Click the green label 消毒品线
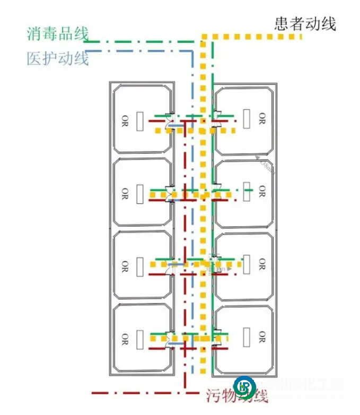[57, 34]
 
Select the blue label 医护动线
[57, 57]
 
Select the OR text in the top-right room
[261, 118]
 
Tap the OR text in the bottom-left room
[125, 338]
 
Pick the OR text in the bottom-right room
[261, 336]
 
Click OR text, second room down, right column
[261, 191]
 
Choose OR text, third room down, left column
[125, 265]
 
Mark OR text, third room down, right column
[261, 264]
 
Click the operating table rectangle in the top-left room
[139, 122]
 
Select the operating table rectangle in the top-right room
[246, 118]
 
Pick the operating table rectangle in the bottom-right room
[246, 336]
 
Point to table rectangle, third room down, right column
[246, 265]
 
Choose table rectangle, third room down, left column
[139, 267]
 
